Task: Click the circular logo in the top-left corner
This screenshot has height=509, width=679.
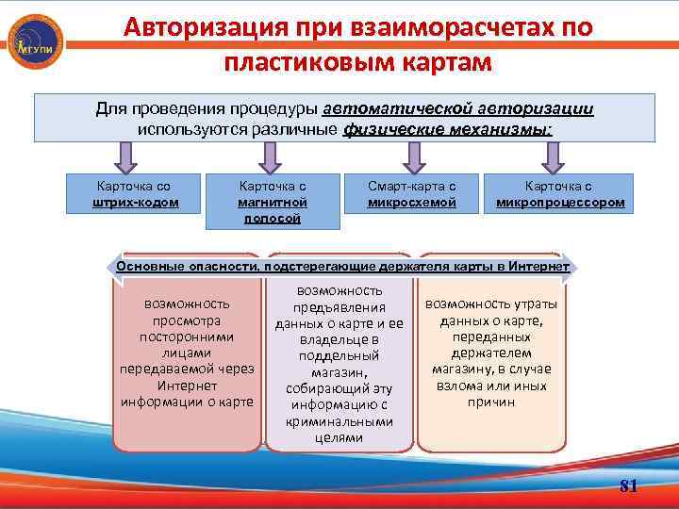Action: click(35, 42)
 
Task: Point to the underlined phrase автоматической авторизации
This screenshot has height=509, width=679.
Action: click(464, 108)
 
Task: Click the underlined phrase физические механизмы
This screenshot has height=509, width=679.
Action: click(447, 128)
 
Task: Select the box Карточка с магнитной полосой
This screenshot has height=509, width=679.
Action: click(273, 202)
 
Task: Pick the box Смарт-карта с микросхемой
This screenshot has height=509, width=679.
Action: click(412, 194)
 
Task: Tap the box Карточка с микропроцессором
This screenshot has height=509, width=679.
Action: click(559, 194)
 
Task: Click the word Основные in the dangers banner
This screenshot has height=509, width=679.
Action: click(145, 267)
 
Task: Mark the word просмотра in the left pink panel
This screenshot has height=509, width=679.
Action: click(187, 320)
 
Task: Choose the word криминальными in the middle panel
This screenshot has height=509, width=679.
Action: click(339, 422)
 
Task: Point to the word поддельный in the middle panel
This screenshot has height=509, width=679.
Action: click(339, 355)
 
